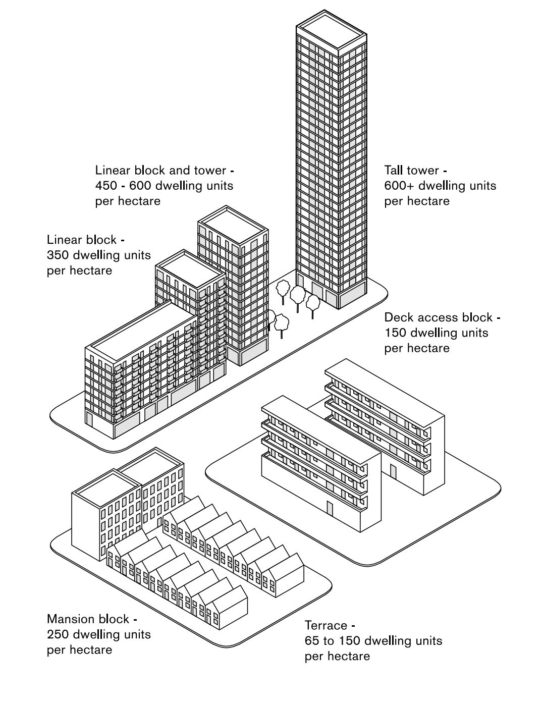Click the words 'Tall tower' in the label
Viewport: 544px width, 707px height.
click(x=412, y=170)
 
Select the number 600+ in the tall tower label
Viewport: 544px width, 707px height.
click(x=399, y=186)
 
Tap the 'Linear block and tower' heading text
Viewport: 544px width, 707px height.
click(x=160, y=170)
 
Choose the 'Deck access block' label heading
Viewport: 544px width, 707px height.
click(x=439, y=317)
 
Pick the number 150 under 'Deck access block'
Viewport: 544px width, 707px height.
click(x=395, y=333)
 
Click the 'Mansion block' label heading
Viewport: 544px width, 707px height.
click(x=88, y=619)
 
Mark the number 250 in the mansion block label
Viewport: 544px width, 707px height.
click(x=58, y=634)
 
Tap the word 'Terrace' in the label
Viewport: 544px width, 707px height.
click(x=326, y=625)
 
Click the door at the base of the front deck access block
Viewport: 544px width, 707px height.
click(x=330, y=509)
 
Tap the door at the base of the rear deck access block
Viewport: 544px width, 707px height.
click(x=393, y=472)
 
